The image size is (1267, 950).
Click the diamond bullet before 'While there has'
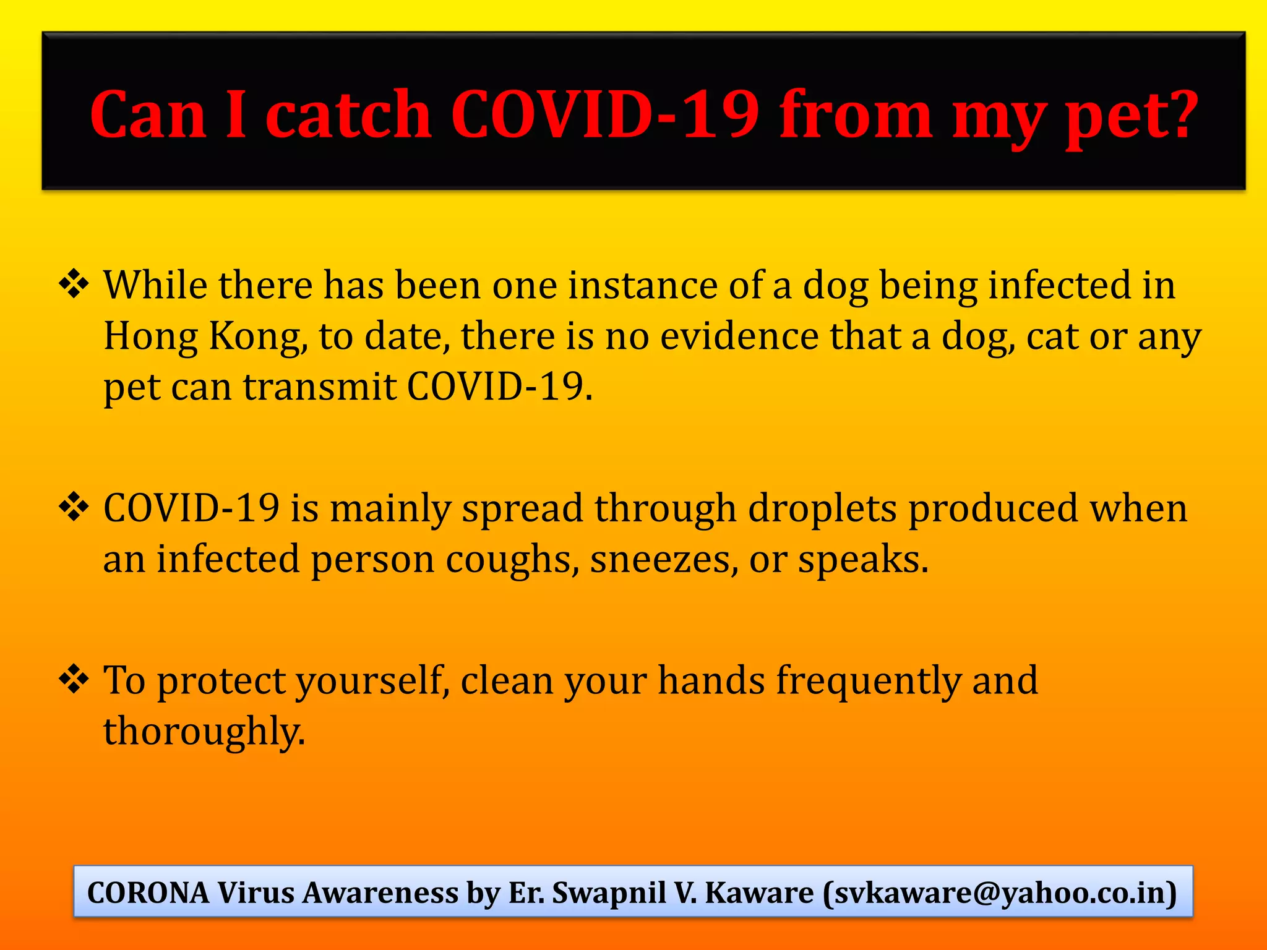[74, 285]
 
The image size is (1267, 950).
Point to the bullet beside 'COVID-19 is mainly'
[74, 508]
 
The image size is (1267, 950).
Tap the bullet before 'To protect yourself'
[74, 680]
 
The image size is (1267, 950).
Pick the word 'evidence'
[739, 336]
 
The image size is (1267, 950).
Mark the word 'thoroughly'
[204, 732]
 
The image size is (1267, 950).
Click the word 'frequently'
[869, 680]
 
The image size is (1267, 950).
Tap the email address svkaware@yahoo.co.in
[1000, 892]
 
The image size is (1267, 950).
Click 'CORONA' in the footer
[148, 892]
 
